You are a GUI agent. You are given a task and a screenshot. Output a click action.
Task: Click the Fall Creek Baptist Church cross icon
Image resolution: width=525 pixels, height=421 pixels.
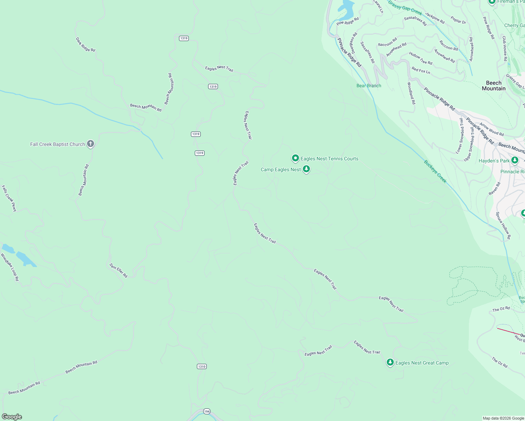tap(91, 144)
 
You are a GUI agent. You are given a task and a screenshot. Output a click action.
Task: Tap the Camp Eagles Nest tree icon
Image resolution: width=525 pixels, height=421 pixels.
tap(306, 169)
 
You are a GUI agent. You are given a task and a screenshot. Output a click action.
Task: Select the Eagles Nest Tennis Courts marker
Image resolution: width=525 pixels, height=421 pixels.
tap(295, 159)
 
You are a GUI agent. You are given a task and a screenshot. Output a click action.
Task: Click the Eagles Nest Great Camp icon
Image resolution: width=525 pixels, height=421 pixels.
tap(390, 362)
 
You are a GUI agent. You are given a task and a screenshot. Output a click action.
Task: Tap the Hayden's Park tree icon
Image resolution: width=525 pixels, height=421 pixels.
tap(515, 160)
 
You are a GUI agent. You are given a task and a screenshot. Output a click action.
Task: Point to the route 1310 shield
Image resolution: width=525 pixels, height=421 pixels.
tap(202, 367)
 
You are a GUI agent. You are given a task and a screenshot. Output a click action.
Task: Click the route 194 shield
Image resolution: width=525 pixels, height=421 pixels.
tap(207, 412)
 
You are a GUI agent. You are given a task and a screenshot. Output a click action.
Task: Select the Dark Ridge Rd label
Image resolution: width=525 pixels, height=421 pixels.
tap(86, 45)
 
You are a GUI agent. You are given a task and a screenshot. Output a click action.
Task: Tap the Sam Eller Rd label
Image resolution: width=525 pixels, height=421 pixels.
tap(119, 270)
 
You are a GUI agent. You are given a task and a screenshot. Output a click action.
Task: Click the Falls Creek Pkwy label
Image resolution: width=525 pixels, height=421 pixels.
tap(9, 199)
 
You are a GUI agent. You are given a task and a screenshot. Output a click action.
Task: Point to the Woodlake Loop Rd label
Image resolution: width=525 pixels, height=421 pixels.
tap(10, 267)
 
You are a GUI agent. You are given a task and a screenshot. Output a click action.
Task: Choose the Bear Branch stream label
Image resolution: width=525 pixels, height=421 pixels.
tap(368, 86)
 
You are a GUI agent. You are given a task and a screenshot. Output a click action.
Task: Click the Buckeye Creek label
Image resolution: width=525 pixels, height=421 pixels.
tap(435, 172)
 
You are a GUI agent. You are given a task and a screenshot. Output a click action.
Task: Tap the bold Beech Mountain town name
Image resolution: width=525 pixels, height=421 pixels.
tap(493, 86)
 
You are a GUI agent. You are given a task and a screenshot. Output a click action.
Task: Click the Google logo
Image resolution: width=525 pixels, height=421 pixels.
tap(12, 417)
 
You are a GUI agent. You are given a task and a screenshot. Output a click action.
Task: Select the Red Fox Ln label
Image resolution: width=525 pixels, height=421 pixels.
tap(421, 71)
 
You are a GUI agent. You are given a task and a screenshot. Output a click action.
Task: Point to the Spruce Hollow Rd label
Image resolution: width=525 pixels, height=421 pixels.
tap(503, 226)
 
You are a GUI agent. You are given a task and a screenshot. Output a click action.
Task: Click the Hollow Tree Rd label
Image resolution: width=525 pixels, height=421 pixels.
tap(421, 58)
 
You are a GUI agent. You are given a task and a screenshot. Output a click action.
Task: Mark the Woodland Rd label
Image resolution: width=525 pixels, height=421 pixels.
tap(411, 93)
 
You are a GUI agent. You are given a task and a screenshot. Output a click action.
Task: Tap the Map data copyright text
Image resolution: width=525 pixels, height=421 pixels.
tap(503, 418)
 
